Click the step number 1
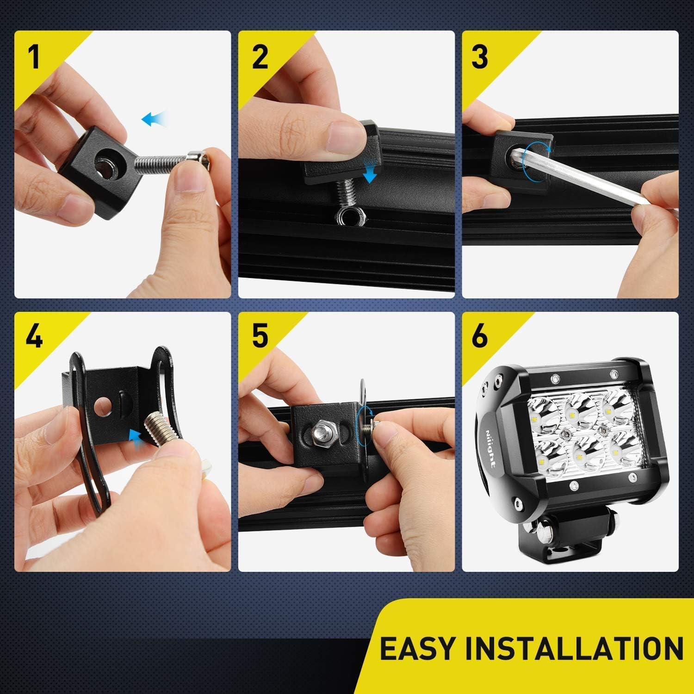[x=33, y=56]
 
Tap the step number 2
[x=260, y=56]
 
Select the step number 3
[x=480, y=56]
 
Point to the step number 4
[x=34, y=336]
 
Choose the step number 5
[x=260, y=336]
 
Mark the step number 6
[x=480, y=336]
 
